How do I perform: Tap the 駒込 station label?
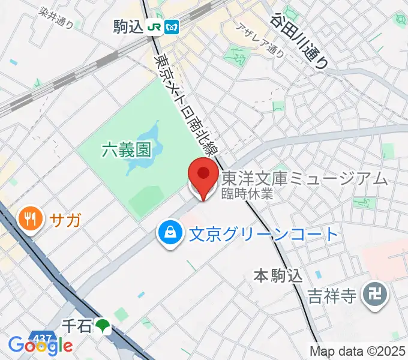pos(128,26)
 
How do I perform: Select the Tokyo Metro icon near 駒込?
pos(172,27)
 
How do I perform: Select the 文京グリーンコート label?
pos(263,233)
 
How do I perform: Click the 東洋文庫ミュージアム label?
pos(304,178)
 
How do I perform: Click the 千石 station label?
pos(77,326)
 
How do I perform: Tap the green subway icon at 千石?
pos(104,326)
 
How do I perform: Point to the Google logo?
pos(40,346)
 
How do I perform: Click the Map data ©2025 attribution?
pos(358,350)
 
